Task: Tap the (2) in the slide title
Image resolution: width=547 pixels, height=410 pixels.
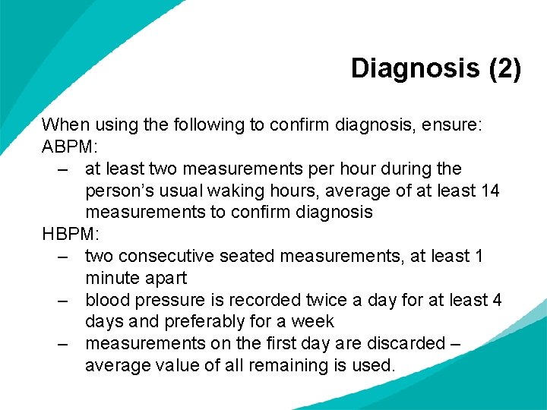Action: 505,69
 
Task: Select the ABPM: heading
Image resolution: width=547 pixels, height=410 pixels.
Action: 71,146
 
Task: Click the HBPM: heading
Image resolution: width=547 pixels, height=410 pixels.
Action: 71,234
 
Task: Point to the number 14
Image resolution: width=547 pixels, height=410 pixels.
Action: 491,190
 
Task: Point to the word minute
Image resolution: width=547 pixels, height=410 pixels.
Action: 114,278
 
